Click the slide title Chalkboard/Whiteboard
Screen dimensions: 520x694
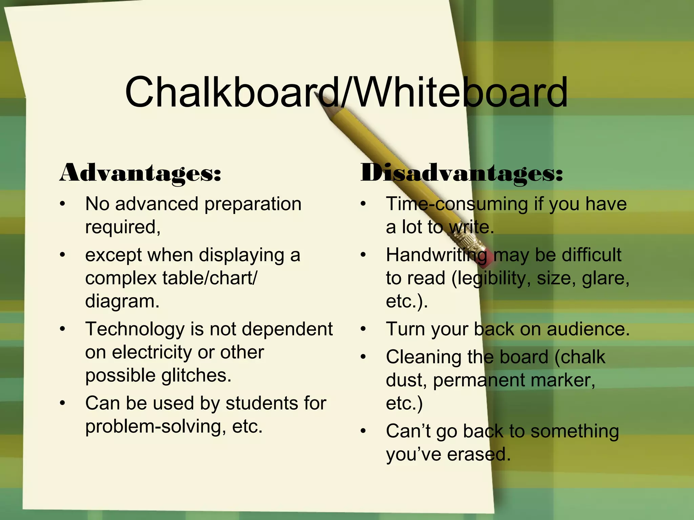click(x=346, y=92)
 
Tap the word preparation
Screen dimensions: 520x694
click(x=253, y=204)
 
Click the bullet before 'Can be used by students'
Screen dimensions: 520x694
click(x=62, y=403)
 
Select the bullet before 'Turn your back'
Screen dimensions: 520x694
click(x=363, y=329)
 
